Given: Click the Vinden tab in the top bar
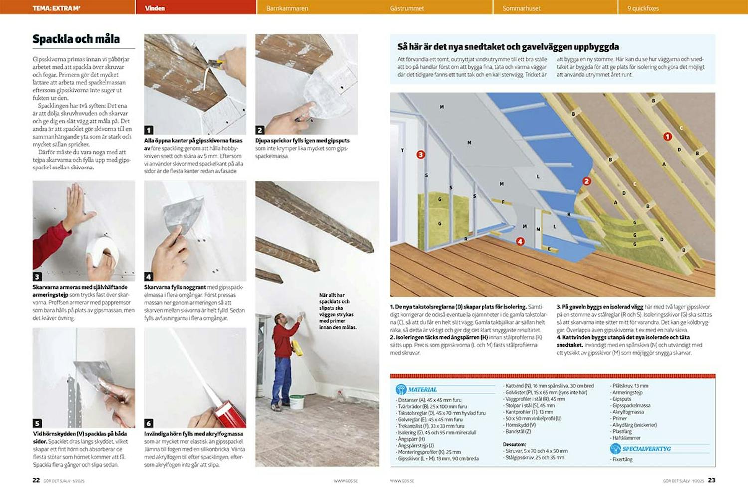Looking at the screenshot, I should pos(155,8).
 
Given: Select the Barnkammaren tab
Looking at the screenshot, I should pos(287,8).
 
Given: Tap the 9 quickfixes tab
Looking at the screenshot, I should pos(643,8).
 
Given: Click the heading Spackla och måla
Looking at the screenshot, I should pos(76,39).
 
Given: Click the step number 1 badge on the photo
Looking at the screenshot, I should pos(149,130).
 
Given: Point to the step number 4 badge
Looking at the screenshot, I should pos(149,276).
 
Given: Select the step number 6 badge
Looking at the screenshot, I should pos(149,423).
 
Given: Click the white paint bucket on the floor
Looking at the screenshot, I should pos(297,402).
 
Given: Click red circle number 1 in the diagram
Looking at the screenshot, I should pos(667,136).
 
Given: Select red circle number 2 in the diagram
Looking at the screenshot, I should pos(587,181).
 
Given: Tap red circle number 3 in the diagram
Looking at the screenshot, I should pos(421,155).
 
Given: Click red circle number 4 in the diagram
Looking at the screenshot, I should pos(520,241).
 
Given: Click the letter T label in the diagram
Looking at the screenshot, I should pos(402,150).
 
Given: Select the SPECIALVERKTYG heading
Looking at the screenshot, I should pos(646,448).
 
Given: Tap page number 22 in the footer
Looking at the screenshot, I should pos(36,480).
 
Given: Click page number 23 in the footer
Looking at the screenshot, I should pos(711,480).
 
